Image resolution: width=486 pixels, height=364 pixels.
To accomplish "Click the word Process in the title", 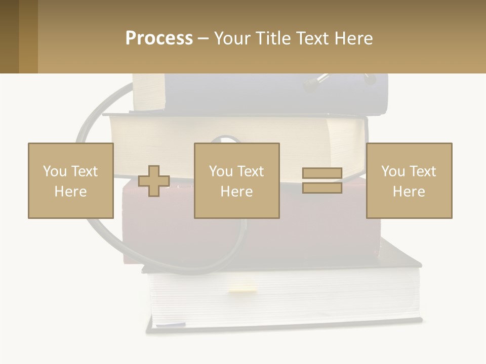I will pos(159,38).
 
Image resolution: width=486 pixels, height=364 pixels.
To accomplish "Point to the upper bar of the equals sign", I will pos(322,173).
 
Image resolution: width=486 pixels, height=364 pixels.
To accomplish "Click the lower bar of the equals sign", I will pos(322,188).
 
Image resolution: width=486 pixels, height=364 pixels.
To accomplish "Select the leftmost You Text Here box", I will pos(70,180).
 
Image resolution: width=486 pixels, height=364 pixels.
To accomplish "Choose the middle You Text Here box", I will pos(236,180).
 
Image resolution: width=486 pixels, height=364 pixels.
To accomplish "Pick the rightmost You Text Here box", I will pos(409,180).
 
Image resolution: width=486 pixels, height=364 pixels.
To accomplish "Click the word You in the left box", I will pos(54,171).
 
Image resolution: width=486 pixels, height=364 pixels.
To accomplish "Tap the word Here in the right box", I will pos(409,192).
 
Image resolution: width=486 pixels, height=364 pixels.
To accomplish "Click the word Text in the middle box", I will pos(250,171).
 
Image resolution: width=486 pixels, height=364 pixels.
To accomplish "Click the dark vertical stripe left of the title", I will pos(28,36).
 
